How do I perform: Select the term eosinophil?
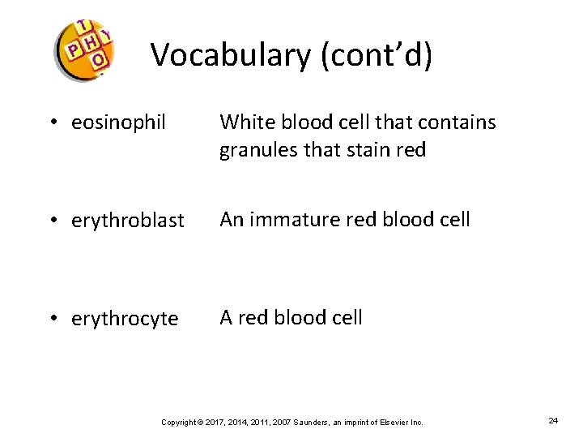click(x=118, y=123)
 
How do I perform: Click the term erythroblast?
click(x=128, y=221)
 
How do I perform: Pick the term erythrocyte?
click(x=125, y=319)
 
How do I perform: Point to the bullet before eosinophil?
click(x=53, y=123)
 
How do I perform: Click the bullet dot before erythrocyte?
click(x=53, y=319)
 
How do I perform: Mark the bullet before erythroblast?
click(x=53, y=221)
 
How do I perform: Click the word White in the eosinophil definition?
click(x=246, y=122)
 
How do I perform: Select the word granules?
click(x=258, y=151)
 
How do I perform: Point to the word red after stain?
click(x=410, y=150)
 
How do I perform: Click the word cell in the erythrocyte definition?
click(x=344, y=317)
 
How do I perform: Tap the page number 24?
click(x=554, y=421)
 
